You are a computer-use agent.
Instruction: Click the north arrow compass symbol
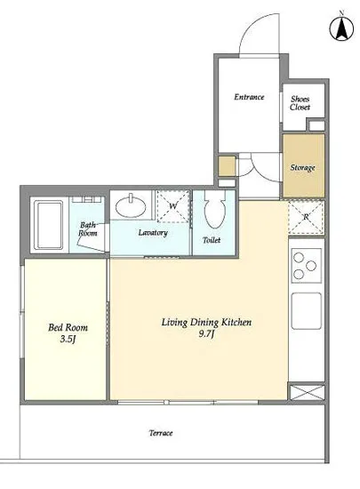click(x=341, y=28)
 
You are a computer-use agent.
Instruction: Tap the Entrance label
click(x=249, y=97)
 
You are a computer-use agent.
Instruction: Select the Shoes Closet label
click(x=300, y=103)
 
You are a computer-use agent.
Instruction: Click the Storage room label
click(x=302, y=167)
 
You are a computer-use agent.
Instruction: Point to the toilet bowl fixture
click(x=215, y=208)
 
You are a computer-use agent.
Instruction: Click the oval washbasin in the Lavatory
click(x=131, y=206)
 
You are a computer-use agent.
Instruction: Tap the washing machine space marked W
click(x=173, y=206)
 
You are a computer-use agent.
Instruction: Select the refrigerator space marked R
click(x=306, y=217)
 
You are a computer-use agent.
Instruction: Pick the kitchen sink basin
click(x=307, y=310)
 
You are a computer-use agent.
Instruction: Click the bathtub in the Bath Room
click(x=49, y=225)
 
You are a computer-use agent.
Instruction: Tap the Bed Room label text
click(x=68, y=327)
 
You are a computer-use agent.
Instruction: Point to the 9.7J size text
click(x=206, y=334)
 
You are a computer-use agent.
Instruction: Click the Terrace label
click(x=161, y=433)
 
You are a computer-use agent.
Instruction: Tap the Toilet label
click(x=212, y=240)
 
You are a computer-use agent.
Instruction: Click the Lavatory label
click(x=153, y=233)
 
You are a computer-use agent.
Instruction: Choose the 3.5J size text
click(x=68, y=339)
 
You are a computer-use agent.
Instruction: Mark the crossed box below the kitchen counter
click(x=307, y=392)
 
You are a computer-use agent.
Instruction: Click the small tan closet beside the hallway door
click(x=227, y=166)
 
